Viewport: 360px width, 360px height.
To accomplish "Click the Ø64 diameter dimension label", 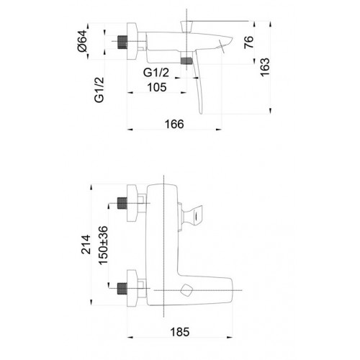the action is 82,41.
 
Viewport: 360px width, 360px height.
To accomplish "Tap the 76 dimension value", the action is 249,42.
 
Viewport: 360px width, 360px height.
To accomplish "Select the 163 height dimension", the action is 265,67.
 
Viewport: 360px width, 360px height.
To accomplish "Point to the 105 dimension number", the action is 157,87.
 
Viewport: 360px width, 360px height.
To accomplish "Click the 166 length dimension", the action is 174,124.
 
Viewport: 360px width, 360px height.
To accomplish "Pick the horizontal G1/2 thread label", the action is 156,73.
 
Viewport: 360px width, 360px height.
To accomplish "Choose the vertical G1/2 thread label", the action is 99,90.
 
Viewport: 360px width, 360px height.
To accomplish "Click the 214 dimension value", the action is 86,245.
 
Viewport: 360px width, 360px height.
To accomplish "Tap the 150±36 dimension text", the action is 104,246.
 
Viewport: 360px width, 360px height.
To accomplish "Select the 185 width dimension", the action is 180,332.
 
